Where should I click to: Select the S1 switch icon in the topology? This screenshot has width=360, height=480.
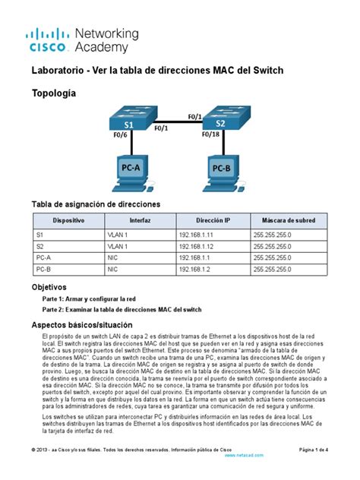129,121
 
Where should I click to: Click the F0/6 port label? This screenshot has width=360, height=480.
120,137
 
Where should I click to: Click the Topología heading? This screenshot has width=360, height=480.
53,93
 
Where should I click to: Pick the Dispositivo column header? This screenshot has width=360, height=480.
68,219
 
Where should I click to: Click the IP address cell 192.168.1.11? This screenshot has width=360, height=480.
197,235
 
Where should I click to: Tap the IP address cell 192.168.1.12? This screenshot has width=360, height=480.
197,247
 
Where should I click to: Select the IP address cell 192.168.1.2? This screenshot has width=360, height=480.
194,269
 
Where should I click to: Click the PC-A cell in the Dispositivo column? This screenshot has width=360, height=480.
43,258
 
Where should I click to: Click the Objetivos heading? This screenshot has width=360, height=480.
49,288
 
